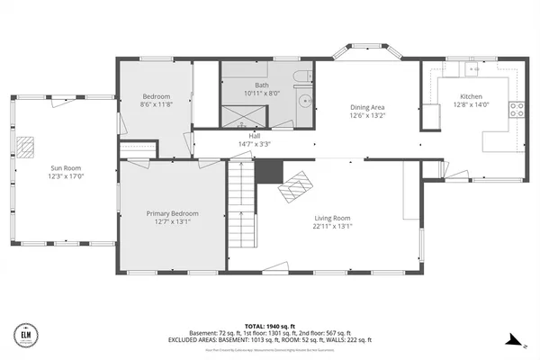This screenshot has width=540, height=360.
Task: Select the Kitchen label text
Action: (x=471, y=96)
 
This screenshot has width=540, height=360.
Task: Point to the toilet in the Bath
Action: (x=304, y=76)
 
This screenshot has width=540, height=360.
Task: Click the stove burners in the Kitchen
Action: (x=517, y=110)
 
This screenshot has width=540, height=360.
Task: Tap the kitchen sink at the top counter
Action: (x=471, y=67)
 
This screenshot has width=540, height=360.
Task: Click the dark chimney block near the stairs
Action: (x=267, y=171)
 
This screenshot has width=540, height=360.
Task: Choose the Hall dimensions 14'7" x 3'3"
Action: (x=248, y=144)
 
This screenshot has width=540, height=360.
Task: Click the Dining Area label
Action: (x=367, y=107)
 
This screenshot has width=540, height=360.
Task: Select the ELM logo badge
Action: (x=23, y=335)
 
